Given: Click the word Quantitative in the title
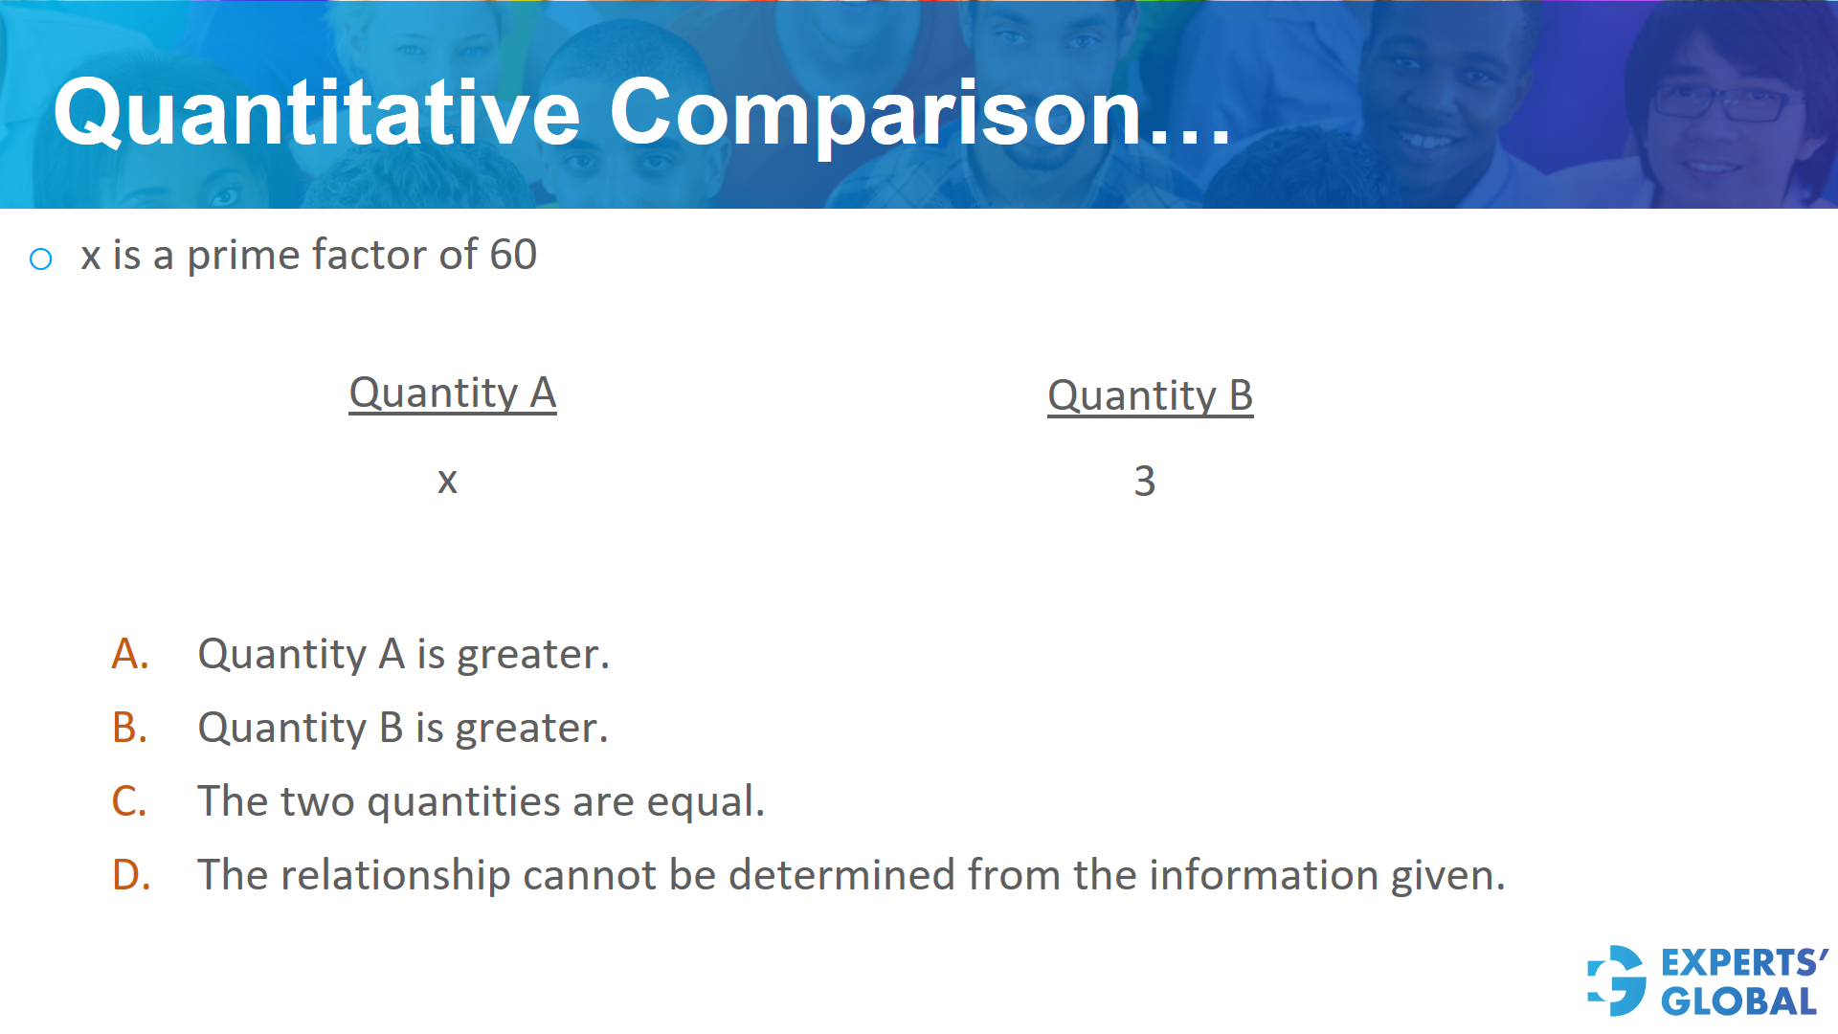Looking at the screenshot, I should pyautogui.click(x=317, y=113).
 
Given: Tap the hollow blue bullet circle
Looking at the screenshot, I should pyautogui.click(x=40, y=258).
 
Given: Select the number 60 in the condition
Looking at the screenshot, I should pyautogui.click(x=513, y=255).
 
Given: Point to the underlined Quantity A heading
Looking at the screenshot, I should pyautogui.click(x=452, y=393).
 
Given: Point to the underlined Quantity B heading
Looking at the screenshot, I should pyautogui.click(x=1150, y=396).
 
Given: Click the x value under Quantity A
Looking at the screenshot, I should pyautogui.click(x=447, y=481).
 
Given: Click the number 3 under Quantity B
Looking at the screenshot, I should pyautogui.click(x=1145, y=481).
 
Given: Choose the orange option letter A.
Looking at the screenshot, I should pyautogui.click(x=130, y=655).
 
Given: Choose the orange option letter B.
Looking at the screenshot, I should pyautogui.click(x=130, y=729).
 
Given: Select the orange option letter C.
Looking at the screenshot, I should pyautogui.click(x=129, y=802).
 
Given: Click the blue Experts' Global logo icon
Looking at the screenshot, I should pyautogui.click(x=1617, y=980).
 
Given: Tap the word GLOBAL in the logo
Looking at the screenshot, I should pyautogui.click(x=1738, y=1001).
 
